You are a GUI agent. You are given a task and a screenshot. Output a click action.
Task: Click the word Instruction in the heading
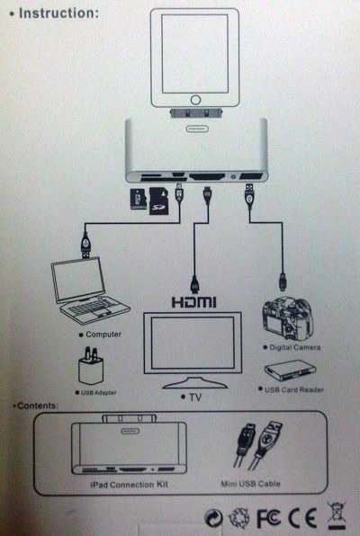point(58,13)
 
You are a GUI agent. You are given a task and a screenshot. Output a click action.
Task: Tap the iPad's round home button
point(195,100)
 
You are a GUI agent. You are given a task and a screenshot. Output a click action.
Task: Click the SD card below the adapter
point(159,201)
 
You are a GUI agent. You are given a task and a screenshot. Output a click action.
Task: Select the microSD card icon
point(139,199)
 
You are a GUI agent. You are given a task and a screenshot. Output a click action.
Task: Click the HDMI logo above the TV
point(194,302)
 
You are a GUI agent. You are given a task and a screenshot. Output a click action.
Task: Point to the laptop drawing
point(89,290)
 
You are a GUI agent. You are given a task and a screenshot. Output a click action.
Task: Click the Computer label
point(103,335)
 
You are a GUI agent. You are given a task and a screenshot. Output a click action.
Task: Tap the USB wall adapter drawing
point(91,365)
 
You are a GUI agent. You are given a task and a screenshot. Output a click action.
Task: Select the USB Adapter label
point(99,393)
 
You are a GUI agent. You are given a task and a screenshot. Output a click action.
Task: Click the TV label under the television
point(195,398)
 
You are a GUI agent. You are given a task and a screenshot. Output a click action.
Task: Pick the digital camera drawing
point(287,318)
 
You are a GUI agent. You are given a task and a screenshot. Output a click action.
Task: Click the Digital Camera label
point(295,348)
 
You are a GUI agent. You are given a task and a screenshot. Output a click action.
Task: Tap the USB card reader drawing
point(290,371)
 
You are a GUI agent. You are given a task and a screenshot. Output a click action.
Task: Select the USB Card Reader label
point(294,389)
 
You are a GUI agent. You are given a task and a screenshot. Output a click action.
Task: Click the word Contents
point(38,406)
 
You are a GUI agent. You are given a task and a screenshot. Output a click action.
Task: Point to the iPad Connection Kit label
point(129,485)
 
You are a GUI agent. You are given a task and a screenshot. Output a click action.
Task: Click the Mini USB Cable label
point(250,484)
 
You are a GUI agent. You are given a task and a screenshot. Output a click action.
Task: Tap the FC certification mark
point(269,518)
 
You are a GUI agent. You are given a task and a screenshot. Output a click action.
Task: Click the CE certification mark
point(302,518)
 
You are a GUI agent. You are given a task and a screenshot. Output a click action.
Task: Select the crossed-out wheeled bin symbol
point(337,516)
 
